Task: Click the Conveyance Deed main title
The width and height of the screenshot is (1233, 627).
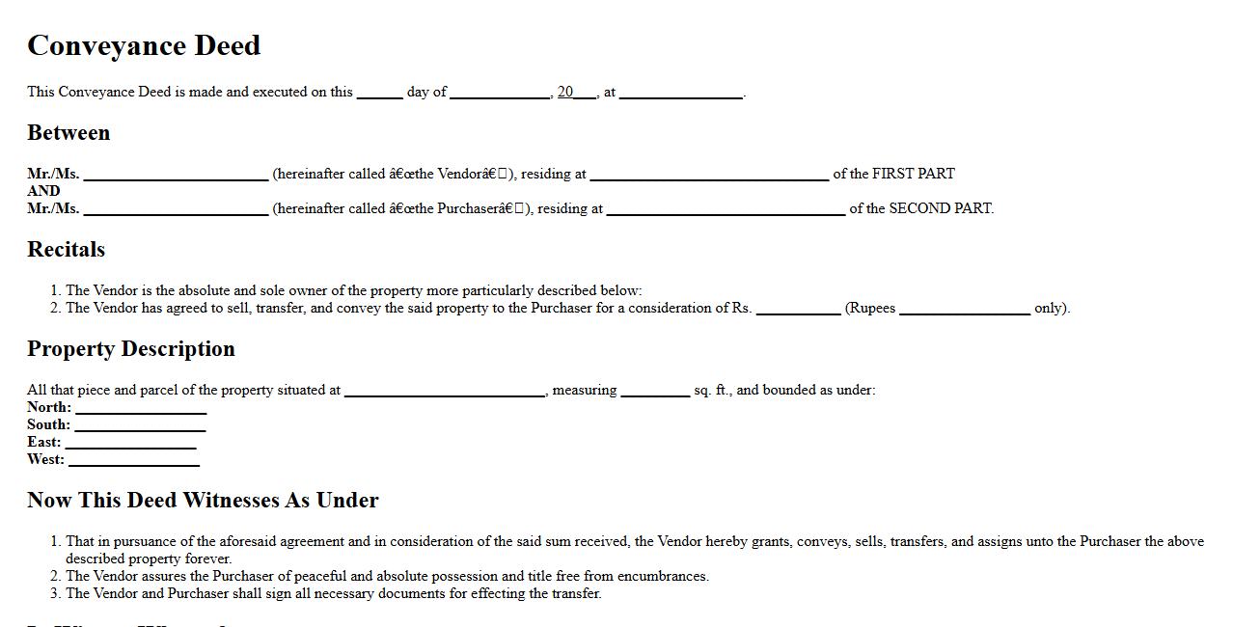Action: (x=144, y=45)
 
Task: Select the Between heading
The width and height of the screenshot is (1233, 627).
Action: (x=68, y=133)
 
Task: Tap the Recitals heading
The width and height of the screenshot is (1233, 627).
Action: (x=66, y=250)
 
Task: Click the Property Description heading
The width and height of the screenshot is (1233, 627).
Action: (x=130, y=349)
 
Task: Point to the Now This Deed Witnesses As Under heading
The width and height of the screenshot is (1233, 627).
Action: (x=203, y=501)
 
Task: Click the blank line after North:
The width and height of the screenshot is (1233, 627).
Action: (x=141, y=408)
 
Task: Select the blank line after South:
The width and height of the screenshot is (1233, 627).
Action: (x=141, y=425)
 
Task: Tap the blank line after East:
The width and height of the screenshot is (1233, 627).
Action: (x=130, y=443)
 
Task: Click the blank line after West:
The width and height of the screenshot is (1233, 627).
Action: (x=134, y=460)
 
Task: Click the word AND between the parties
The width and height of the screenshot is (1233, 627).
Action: (x=43, y=191)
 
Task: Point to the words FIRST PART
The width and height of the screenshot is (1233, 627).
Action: (x=913, y=174)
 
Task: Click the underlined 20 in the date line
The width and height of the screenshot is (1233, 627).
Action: (x=565, y=92)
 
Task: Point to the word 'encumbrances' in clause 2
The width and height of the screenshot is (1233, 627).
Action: (x=661, y=576)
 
